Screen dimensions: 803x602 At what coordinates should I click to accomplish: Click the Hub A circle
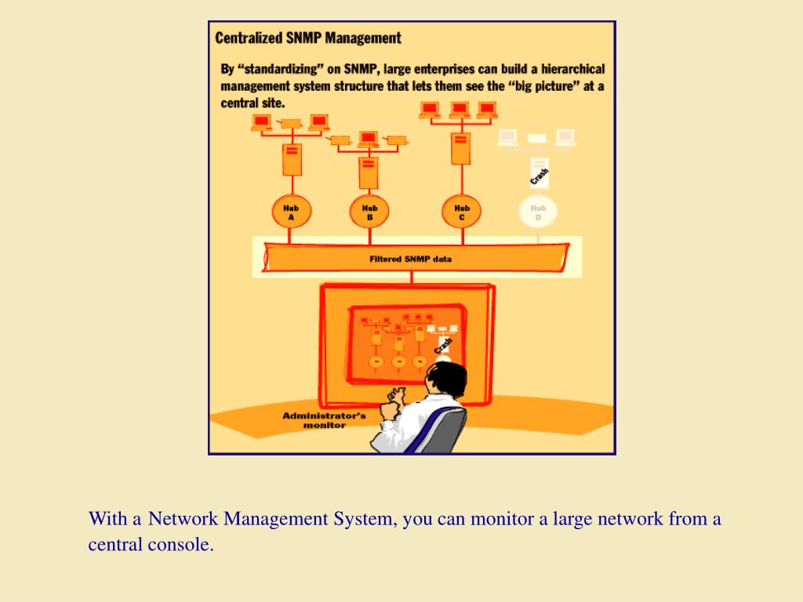tap(291, 212)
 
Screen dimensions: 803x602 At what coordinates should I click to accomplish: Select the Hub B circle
tap(369, 212)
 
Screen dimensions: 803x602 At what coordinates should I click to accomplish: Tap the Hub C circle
tap(461, 212)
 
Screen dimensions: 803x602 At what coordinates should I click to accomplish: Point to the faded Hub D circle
tap(538, 212)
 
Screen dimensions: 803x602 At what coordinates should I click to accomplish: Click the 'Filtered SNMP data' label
tap(410, 259)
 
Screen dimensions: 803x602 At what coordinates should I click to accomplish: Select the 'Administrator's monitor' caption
tap(324, 420)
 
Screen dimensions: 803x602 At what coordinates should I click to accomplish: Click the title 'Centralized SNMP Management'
tap(308, 38)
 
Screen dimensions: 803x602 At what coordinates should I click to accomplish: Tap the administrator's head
tap(443, 378)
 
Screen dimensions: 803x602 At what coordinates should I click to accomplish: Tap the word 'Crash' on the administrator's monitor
tap(443, 343)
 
